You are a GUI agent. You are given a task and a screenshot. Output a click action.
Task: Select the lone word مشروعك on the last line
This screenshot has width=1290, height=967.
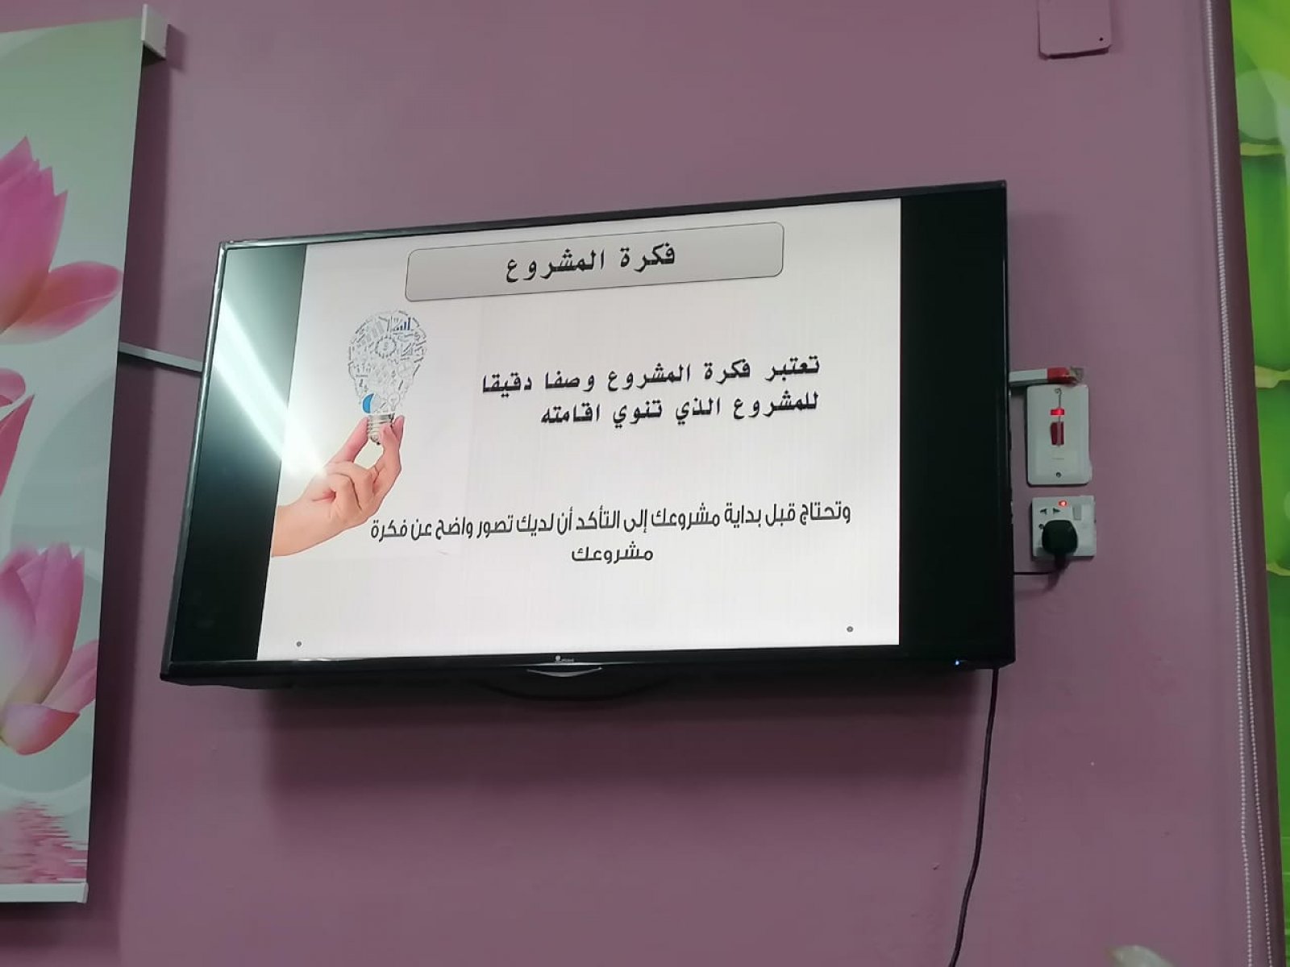click(x=612, y=554)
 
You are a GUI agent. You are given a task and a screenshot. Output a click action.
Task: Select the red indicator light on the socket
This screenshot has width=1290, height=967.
click(x=1061, y=503)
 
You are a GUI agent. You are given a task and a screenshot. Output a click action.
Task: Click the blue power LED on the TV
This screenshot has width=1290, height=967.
click(x=957, y=663)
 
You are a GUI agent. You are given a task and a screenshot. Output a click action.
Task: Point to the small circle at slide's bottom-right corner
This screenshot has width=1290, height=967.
click(x=849, y=629)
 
